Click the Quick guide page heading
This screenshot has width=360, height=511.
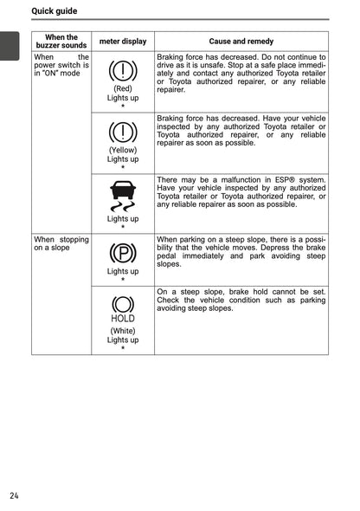pyautogui.click(x=54, y=11)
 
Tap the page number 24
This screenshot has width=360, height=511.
pyautogui.click(x=15, y=495)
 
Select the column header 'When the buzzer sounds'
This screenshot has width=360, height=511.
pyautogui.click(x=61, y=41)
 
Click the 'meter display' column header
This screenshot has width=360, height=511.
pyautogui.click(x=123, y=42)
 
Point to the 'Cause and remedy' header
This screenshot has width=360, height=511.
pyautogui.click(x=241, y=42)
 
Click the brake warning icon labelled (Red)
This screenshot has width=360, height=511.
pyautogui.click(x=123, y=70)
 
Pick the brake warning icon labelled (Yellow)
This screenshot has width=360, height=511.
pyautogui.click(x=123, y=132)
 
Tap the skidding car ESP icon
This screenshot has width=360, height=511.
pyautogui.click(x=123, y=197)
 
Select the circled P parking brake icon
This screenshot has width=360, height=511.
pyautogui.click(x=123, y=253)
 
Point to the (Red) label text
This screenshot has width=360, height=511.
pyautogui.click(x=123, y=88)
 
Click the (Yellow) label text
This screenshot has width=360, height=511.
pyautogui.click(x=123, y=150)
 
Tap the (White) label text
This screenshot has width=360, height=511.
pyautogui.click(x=123, y=330)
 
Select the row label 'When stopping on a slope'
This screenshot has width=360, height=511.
pyautogui.click(x=61, y=243)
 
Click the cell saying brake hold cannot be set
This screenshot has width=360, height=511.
pyautogui.click(x=241, y=300)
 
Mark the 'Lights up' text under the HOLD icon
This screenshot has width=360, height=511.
pyautogui.click(x=123, y=340)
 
